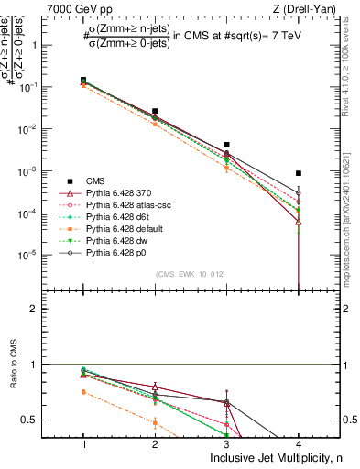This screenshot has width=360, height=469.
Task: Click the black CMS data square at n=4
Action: click(x=299, y=173)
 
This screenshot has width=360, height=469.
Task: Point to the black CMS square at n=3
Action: click(x=226, y=145)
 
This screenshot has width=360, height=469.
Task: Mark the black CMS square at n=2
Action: click(x=155, y=111)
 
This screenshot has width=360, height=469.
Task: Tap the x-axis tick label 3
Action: click(x=226, y=443)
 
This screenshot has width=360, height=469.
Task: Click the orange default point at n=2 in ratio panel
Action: click(x=155, y=422)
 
